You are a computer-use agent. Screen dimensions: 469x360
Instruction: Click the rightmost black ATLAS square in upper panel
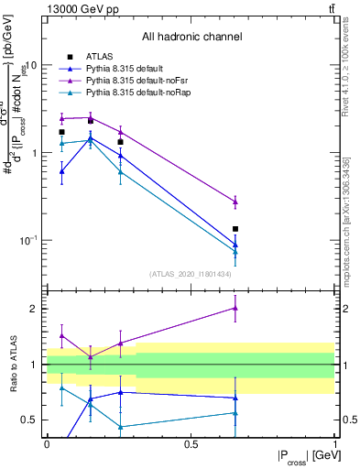tap(235, 229)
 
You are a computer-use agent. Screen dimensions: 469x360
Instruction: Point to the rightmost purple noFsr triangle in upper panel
tap(235, 202)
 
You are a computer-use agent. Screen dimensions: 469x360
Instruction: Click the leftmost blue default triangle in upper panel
tap(61, 171)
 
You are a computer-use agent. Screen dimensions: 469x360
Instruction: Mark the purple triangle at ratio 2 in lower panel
tap(235, 308)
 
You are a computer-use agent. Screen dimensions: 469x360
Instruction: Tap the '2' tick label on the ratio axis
tap(37, 309)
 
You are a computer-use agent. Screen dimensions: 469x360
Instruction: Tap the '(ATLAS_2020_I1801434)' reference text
tap(191, 274)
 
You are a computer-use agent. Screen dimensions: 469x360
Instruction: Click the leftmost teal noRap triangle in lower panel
tap(61, 387)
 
